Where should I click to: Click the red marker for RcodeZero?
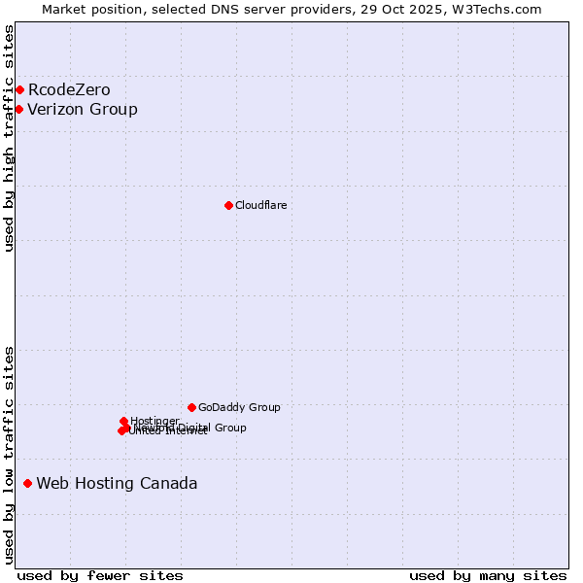click(x=19, y=90)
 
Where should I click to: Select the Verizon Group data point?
click(x=18, y=109)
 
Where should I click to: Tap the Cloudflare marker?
click(x=228, y=205)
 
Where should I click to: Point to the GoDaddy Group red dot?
click(x=191, y=407)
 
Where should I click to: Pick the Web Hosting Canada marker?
click(x=27, y=483)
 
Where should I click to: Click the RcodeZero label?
click(x=69, y=90)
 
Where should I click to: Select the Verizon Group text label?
click(x=83, y=109)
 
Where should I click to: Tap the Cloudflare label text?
click(x=260, y=205)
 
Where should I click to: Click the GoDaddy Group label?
click(x=239, y=408)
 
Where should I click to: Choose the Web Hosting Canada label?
click(x=117, y=484)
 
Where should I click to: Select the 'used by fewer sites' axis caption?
click(x=100, y=575)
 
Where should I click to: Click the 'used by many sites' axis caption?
click(x=488, y=575)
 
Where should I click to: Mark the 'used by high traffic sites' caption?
click(x=9, y=138)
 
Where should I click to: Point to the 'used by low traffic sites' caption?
click(x=9, y=455)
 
